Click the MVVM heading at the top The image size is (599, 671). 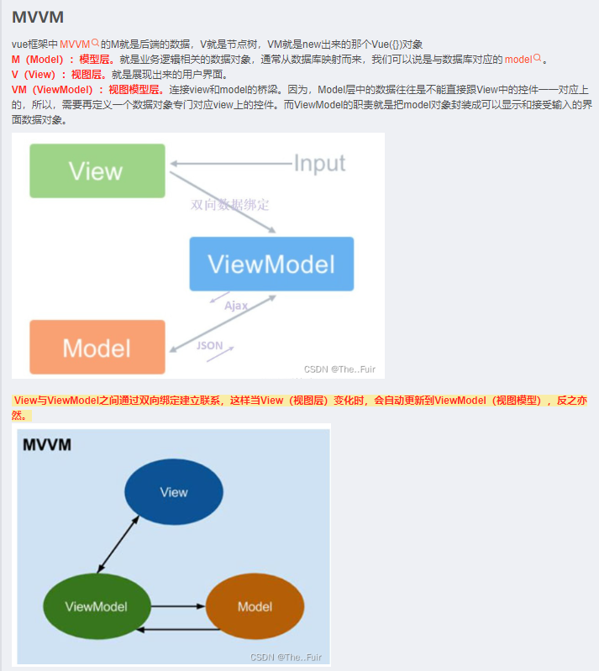[38, 17]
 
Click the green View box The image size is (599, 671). [97, 171]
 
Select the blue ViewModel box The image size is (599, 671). [271, 264]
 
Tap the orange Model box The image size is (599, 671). [97, 347]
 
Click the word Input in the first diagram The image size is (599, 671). [319, 163]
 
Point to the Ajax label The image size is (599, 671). [236, 306]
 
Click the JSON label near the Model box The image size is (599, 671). [209, 345]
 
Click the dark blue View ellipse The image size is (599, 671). [174, 492]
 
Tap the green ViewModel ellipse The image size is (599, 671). [96, 605]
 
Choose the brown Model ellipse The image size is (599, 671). [255, 606]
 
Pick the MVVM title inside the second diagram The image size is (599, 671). [46, 445]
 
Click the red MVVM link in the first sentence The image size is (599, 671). [75, 44]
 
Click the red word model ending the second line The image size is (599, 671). [518, 60]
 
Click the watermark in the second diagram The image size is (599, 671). [286, 657]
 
